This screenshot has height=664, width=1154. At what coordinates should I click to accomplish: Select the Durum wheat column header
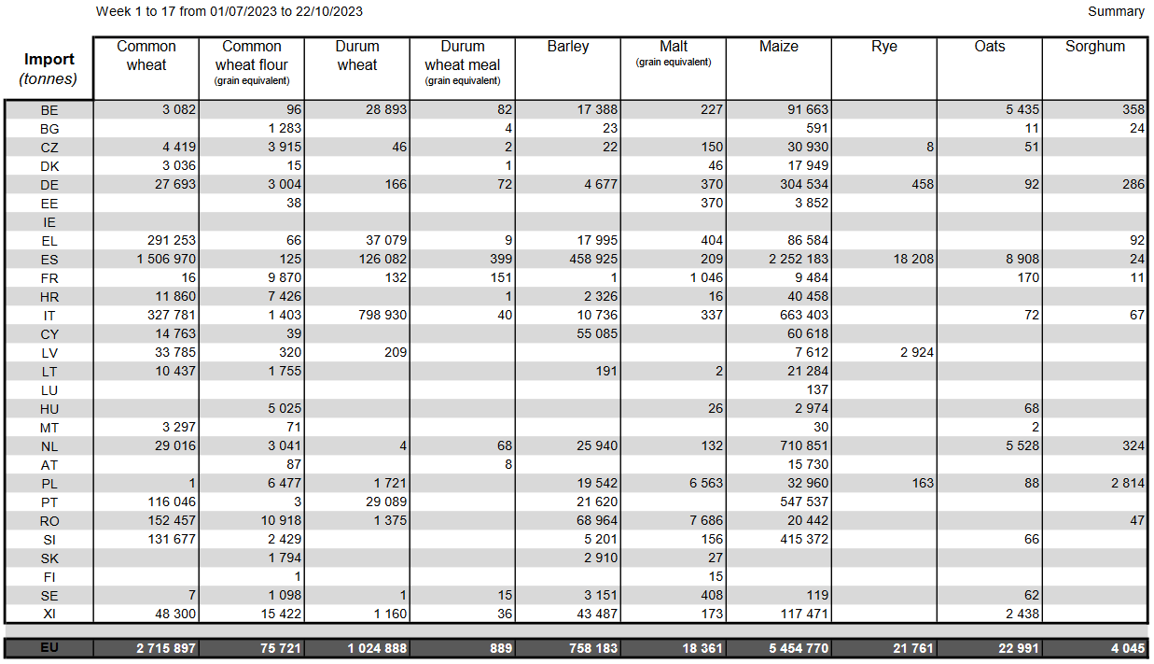coord(357,55)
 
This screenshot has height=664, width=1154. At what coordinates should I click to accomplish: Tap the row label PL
coord(49,483)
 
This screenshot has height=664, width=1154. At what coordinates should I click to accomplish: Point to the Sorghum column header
coord(1094,46)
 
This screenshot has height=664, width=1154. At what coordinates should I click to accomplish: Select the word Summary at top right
coord(1116,11)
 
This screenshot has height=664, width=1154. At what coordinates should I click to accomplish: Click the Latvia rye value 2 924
coord(915,352)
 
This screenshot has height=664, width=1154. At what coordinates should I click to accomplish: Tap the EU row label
coord(49,648)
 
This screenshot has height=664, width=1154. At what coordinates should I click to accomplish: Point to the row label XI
coord(49,614)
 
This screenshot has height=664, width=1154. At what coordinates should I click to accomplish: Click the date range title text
coord(229,11)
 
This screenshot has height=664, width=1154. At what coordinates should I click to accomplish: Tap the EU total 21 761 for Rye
coord(911,648)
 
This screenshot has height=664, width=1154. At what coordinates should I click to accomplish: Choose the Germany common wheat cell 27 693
coord(172,184)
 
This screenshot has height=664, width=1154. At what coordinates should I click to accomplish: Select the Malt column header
coord(674,46)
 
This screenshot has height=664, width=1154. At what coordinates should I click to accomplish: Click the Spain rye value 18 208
coord(911,259)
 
